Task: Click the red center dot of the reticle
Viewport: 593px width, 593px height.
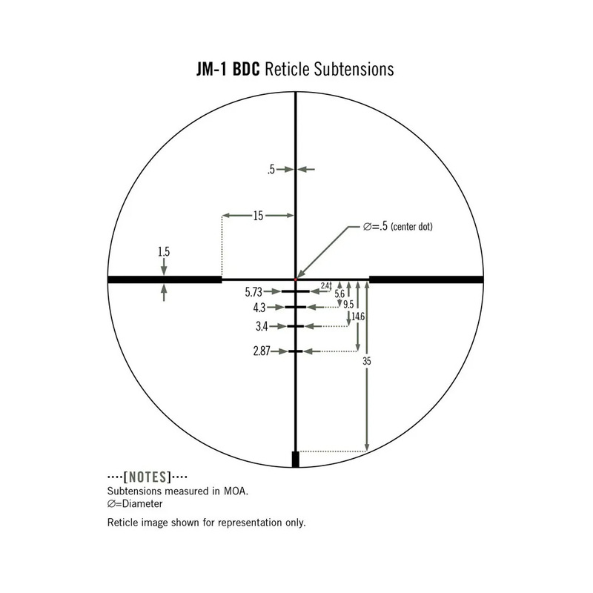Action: point(296,279)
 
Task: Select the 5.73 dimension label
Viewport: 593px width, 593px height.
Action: point(254,292)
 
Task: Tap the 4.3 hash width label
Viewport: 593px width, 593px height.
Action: point(259,308)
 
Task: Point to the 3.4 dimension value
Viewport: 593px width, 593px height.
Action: point(262,326)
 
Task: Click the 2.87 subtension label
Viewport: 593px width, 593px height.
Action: point(262,351)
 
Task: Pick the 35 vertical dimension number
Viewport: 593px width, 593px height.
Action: point(367,361)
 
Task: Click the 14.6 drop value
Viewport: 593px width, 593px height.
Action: point(358,317)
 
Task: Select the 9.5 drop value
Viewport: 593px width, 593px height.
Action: point(348,305)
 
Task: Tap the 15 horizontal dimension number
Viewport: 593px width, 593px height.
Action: point(258,216)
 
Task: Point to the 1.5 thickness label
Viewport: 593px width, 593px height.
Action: point(164,251)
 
